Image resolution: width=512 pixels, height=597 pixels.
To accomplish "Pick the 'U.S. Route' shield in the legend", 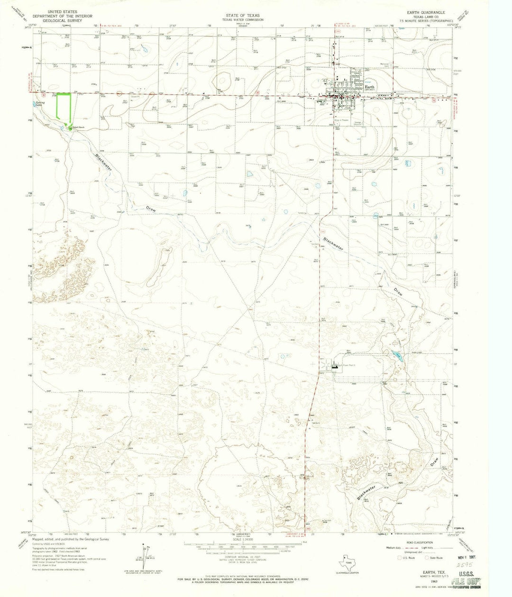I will [x=400, y=558].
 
